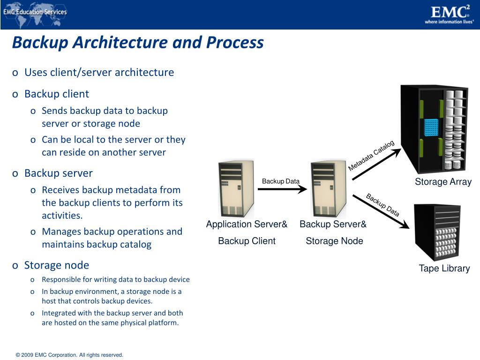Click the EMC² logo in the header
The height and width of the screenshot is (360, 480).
point(449,11)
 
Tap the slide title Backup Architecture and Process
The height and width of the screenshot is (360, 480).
point(138,43)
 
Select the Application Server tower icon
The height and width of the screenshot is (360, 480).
point(237,188)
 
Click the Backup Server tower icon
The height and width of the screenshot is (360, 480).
point(329,188)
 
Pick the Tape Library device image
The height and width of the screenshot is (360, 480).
point(437,232)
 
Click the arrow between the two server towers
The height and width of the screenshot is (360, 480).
point(281,189)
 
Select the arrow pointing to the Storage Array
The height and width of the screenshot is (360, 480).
point(376,164)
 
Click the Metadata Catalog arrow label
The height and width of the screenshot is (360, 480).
point(371,156)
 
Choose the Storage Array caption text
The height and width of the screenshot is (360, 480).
point(443,182)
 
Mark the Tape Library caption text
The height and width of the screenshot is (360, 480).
point(444,269)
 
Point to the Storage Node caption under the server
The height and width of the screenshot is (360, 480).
point(334,241)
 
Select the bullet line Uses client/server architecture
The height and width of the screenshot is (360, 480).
point(99,72)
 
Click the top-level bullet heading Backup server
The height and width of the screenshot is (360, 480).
point(59,173)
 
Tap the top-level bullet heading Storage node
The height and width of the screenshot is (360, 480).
point(56,265)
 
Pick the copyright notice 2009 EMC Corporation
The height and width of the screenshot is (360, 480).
point(69,355)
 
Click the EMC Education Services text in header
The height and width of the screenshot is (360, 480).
point(35,12)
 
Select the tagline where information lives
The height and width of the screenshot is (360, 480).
point(449,22)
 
